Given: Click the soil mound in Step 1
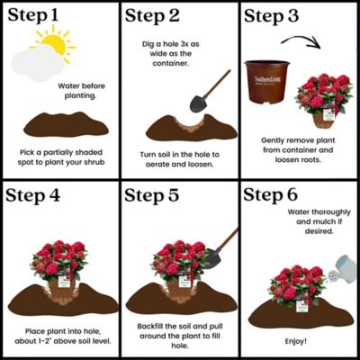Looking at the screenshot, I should click(63, 121).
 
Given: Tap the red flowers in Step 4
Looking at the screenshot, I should click(62, 257).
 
